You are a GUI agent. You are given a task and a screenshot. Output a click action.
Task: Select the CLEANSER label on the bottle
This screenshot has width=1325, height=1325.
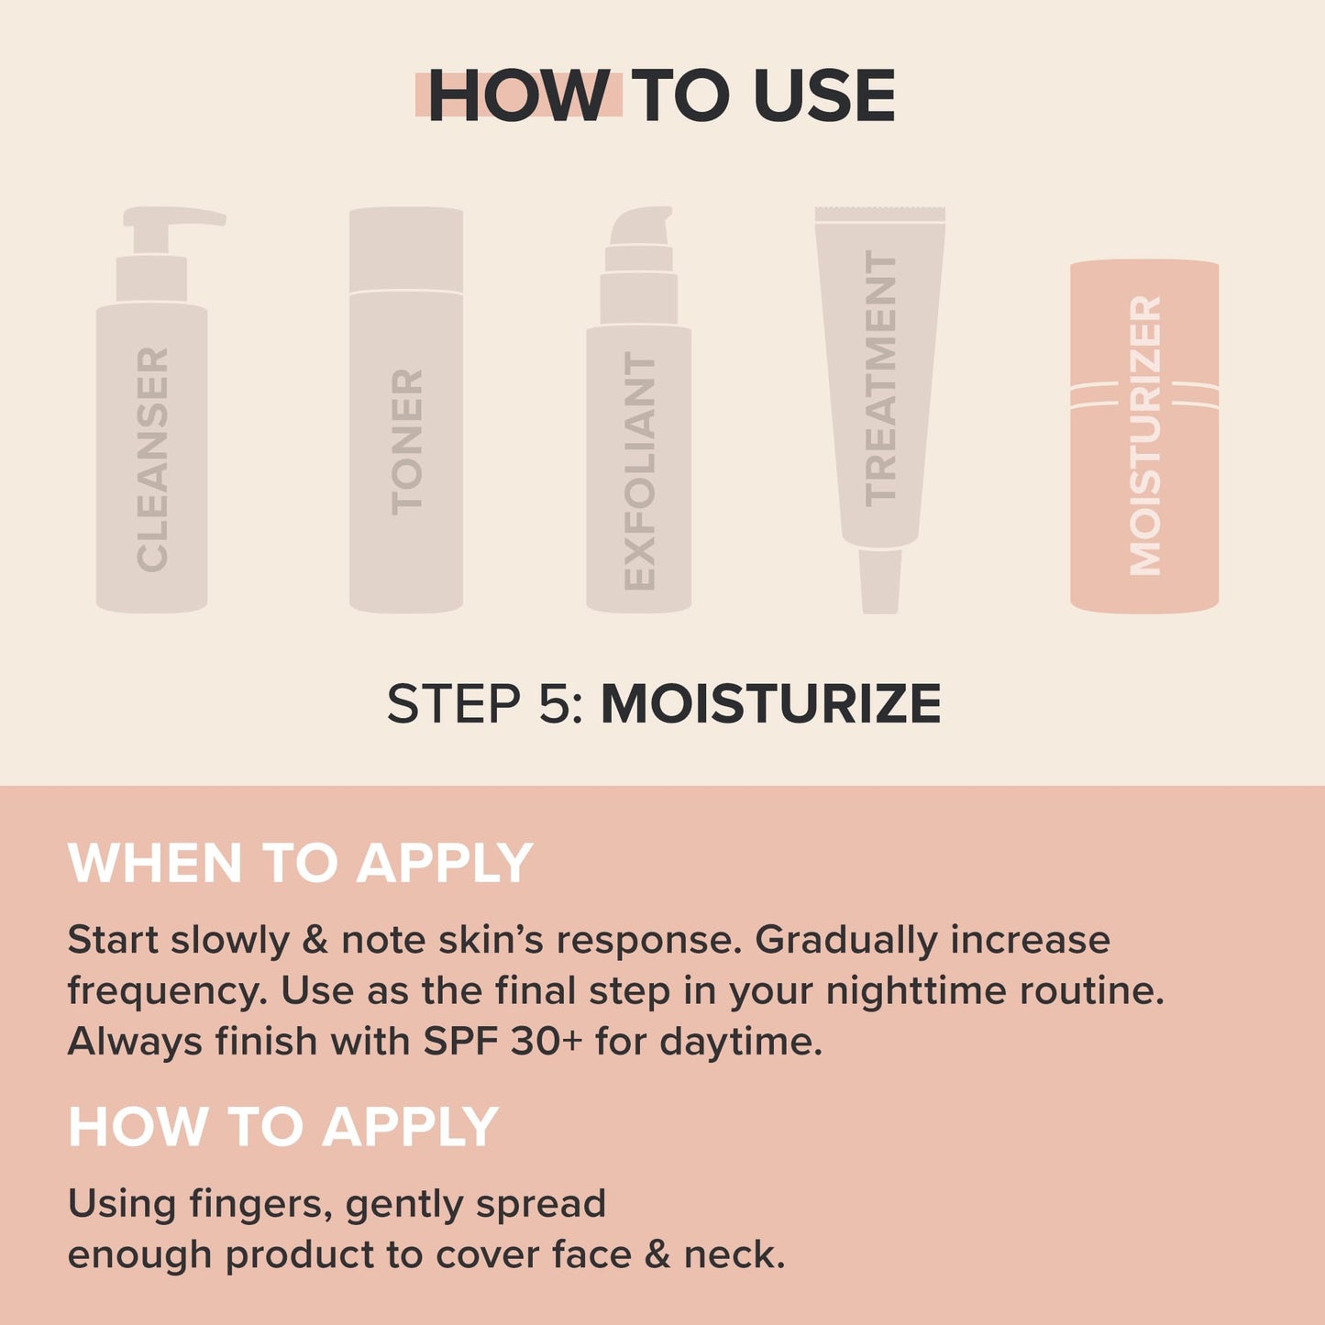(152, 458)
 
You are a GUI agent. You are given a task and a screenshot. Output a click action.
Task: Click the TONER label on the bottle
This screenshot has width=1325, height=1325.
(406, 440)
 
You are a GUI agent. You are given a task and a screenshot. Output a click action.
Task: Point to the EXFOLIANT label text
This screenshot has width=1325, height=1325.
(639, 471)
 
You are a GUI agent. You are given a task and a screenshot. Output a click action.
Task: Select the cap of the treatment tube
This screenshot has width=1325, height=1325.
(880, 581)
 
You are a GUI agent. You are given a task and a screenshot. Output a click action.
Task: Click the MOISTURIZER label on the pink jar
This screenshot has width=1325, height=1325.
(1145, 436)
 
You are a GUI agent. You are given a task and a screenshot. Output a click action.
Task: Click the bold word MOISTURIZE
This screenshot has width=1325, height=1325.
(770, 704)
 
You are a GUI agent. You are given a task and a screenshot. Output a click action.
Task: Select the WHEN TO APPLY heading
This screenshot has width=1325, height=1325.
(300, 863)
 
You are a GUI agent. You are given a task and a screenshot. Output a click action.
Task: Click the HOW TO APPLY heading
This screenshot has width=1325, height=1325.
(282, 1126)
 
